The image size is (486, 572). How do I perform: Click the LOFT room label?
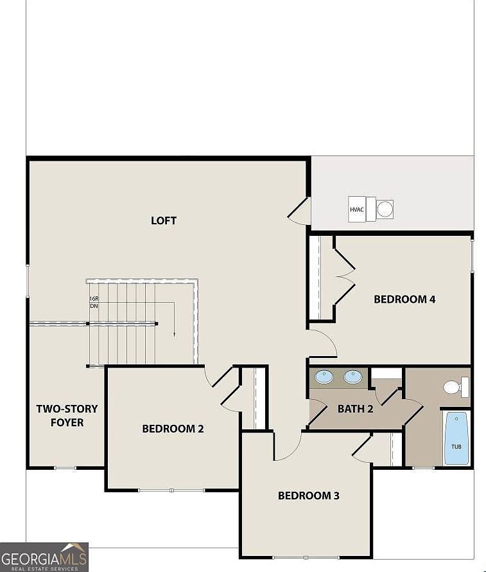[164, 220]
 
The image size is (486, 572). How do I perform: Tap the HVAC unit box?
[357, 210]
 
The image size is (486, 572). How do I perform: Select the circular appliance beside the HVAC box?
[385, 209]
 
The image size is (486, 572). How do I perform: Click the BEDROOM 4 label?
[404, 299]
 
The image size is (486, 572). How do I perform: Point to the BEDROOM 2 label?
[173, 428]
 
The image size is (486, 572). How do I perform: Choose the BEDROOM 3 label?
[308, 496]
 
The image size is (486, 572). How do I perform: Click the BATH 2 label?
[355, 409]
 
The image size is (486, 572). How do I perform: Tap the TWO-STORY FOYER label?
[67, 415]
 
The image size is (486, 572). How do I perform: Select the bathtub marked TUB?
[456, 438]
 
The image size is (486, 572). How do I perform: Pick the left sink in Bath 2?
[324, 377]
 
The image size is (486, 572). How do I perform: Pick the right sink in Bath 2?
[352, 377]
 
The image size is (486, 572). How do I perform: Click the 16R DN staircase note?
[94, 302]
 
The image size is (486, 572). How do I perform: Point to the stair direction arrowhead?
[174, 334]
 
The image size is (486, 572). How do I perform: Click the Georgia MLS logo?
[44, 557]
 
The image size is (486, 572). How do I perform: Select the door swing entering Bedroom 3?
[287, 447]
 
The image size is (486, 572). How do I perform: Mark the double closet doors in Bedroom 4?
[344, 277]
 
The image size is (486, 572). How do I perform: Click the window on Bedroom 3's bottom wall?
[306, 557]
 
